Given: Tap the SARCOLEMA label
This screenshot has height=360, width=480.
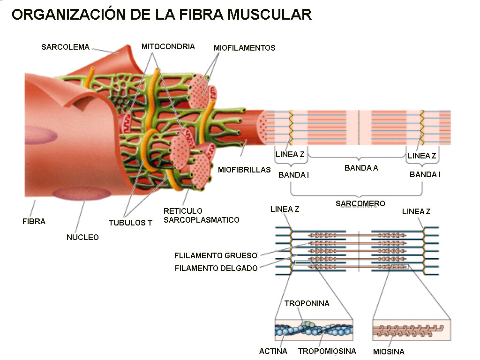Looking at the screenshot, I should click(x=65, y=47).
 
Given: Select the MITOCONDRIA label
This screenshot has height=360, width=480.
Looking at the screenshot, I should click(x=168, y=46).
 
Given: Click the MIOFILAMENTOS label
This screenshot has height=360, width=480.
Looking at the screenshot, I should click(x=244, y=48).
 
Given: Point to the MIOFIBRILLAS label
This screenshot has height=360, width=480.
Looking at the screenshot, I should click(x=244, y=170).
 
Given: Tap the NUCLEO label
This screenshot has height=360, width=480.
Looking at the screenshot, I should click(x=82, y=237).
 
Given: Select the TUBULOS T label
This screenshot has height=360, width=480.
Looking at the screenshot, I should click(x=130, y=223).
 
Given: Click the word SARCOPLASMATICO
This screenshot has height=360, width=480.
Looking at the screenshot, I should click(x=201, y=220).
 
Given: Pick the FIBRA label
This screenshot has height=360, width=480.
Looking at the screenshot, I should click(x=34, y=221).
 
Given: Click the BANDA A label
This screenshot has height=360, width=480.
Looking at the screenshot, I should click(x=361, y=168).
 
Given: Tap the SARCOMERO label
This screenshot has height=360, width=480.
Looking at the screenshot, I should click(x=360, y=203).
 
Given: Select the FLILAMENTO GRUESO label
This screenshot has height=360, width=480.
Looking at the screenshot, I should click(x=216, y=255).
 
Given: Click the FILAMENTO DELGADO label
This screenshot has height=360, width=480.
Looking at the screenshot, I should click(x=216, y=268).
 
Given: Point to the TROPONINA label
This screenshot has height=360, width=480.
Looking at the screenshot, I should click(x=307, y=303).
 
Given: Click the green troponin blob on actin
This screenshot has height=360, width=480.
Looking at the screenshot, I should click(x=307, y=323).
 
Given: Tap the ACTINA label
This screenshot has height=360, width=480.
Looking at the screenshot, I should click(x=273, y=351).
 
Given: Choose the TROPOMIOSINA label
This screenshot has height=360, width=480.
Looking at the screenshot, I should click(x=327, y=351).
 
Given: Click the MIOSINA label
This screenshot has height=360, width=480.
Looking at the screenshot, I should click(x=389, y=352).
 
